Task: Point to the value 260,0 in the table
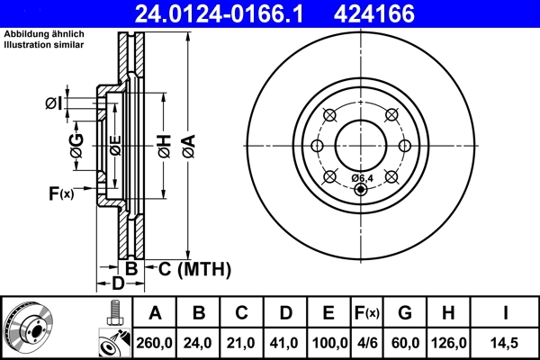coord(155,343)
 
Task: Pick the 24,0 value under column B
coord(199,343)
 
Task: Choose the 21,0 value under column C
coord(242,343)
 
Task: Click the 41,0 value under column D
coord(285,343)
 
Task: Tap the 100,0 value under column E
coord(329,343)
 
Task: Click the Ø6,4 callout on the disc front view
coord(362,177)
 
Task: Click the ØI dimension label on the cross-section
coord(55,103)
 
